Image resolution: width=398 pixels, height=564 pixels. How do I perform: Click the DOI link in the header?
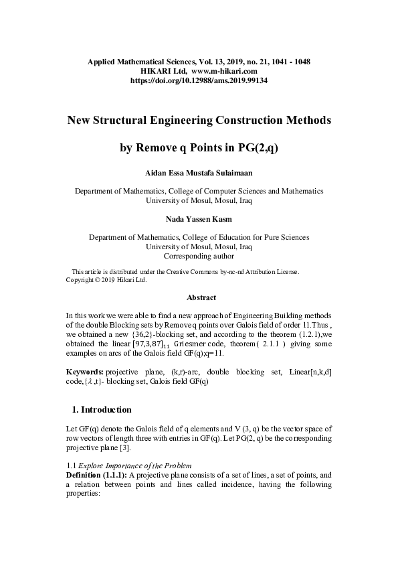tap(199, 80)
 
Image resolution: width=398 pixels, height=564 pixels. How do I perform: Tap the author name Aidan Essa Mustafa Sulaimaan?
tap(199, 172)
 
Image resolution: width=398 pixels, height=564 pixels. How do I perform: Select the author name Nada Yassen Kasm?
tap(199, 218)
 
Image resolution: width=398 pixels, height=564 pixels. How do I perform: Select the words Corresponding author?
tap(199, 255)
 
